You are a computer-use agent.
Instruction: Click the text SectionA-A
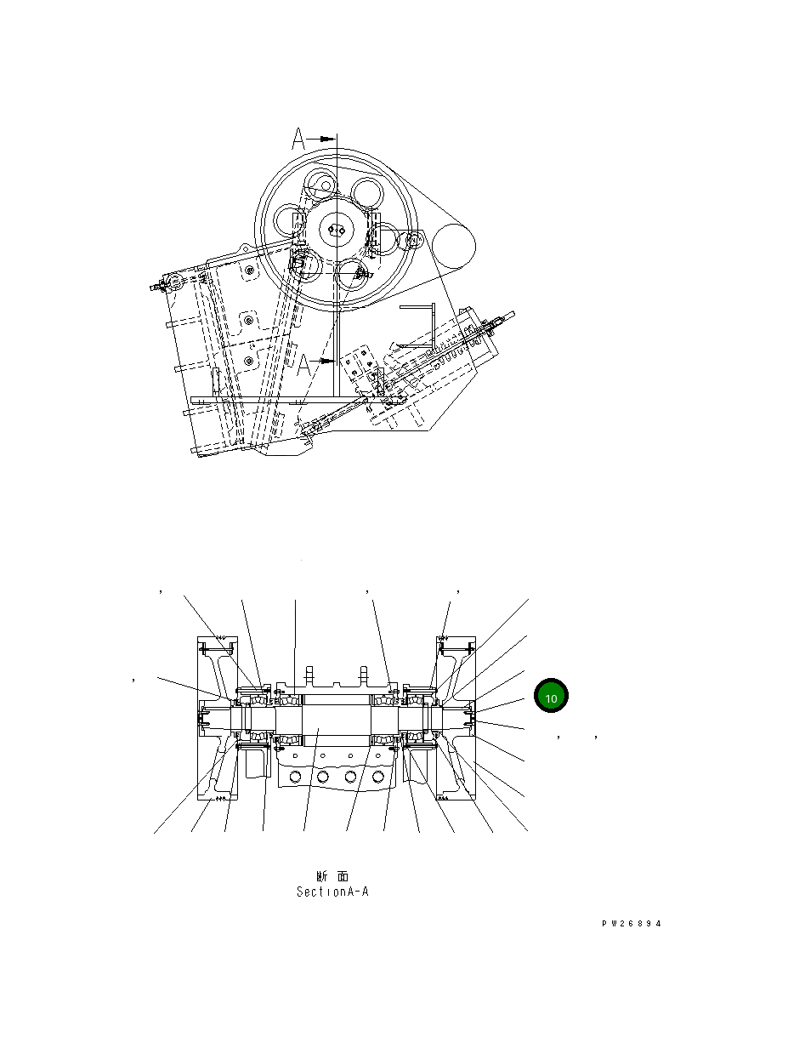pos(332,892)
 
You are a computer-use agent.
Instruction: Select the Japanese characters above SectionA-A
pos(332,876)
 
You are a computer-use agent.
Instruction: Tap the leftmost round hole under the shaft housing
pos(295,777)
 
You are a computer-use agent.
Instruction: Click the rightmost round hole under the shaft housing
pos(377,777)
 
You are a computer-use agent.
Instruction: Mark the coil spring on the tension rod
pos(459,349)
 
